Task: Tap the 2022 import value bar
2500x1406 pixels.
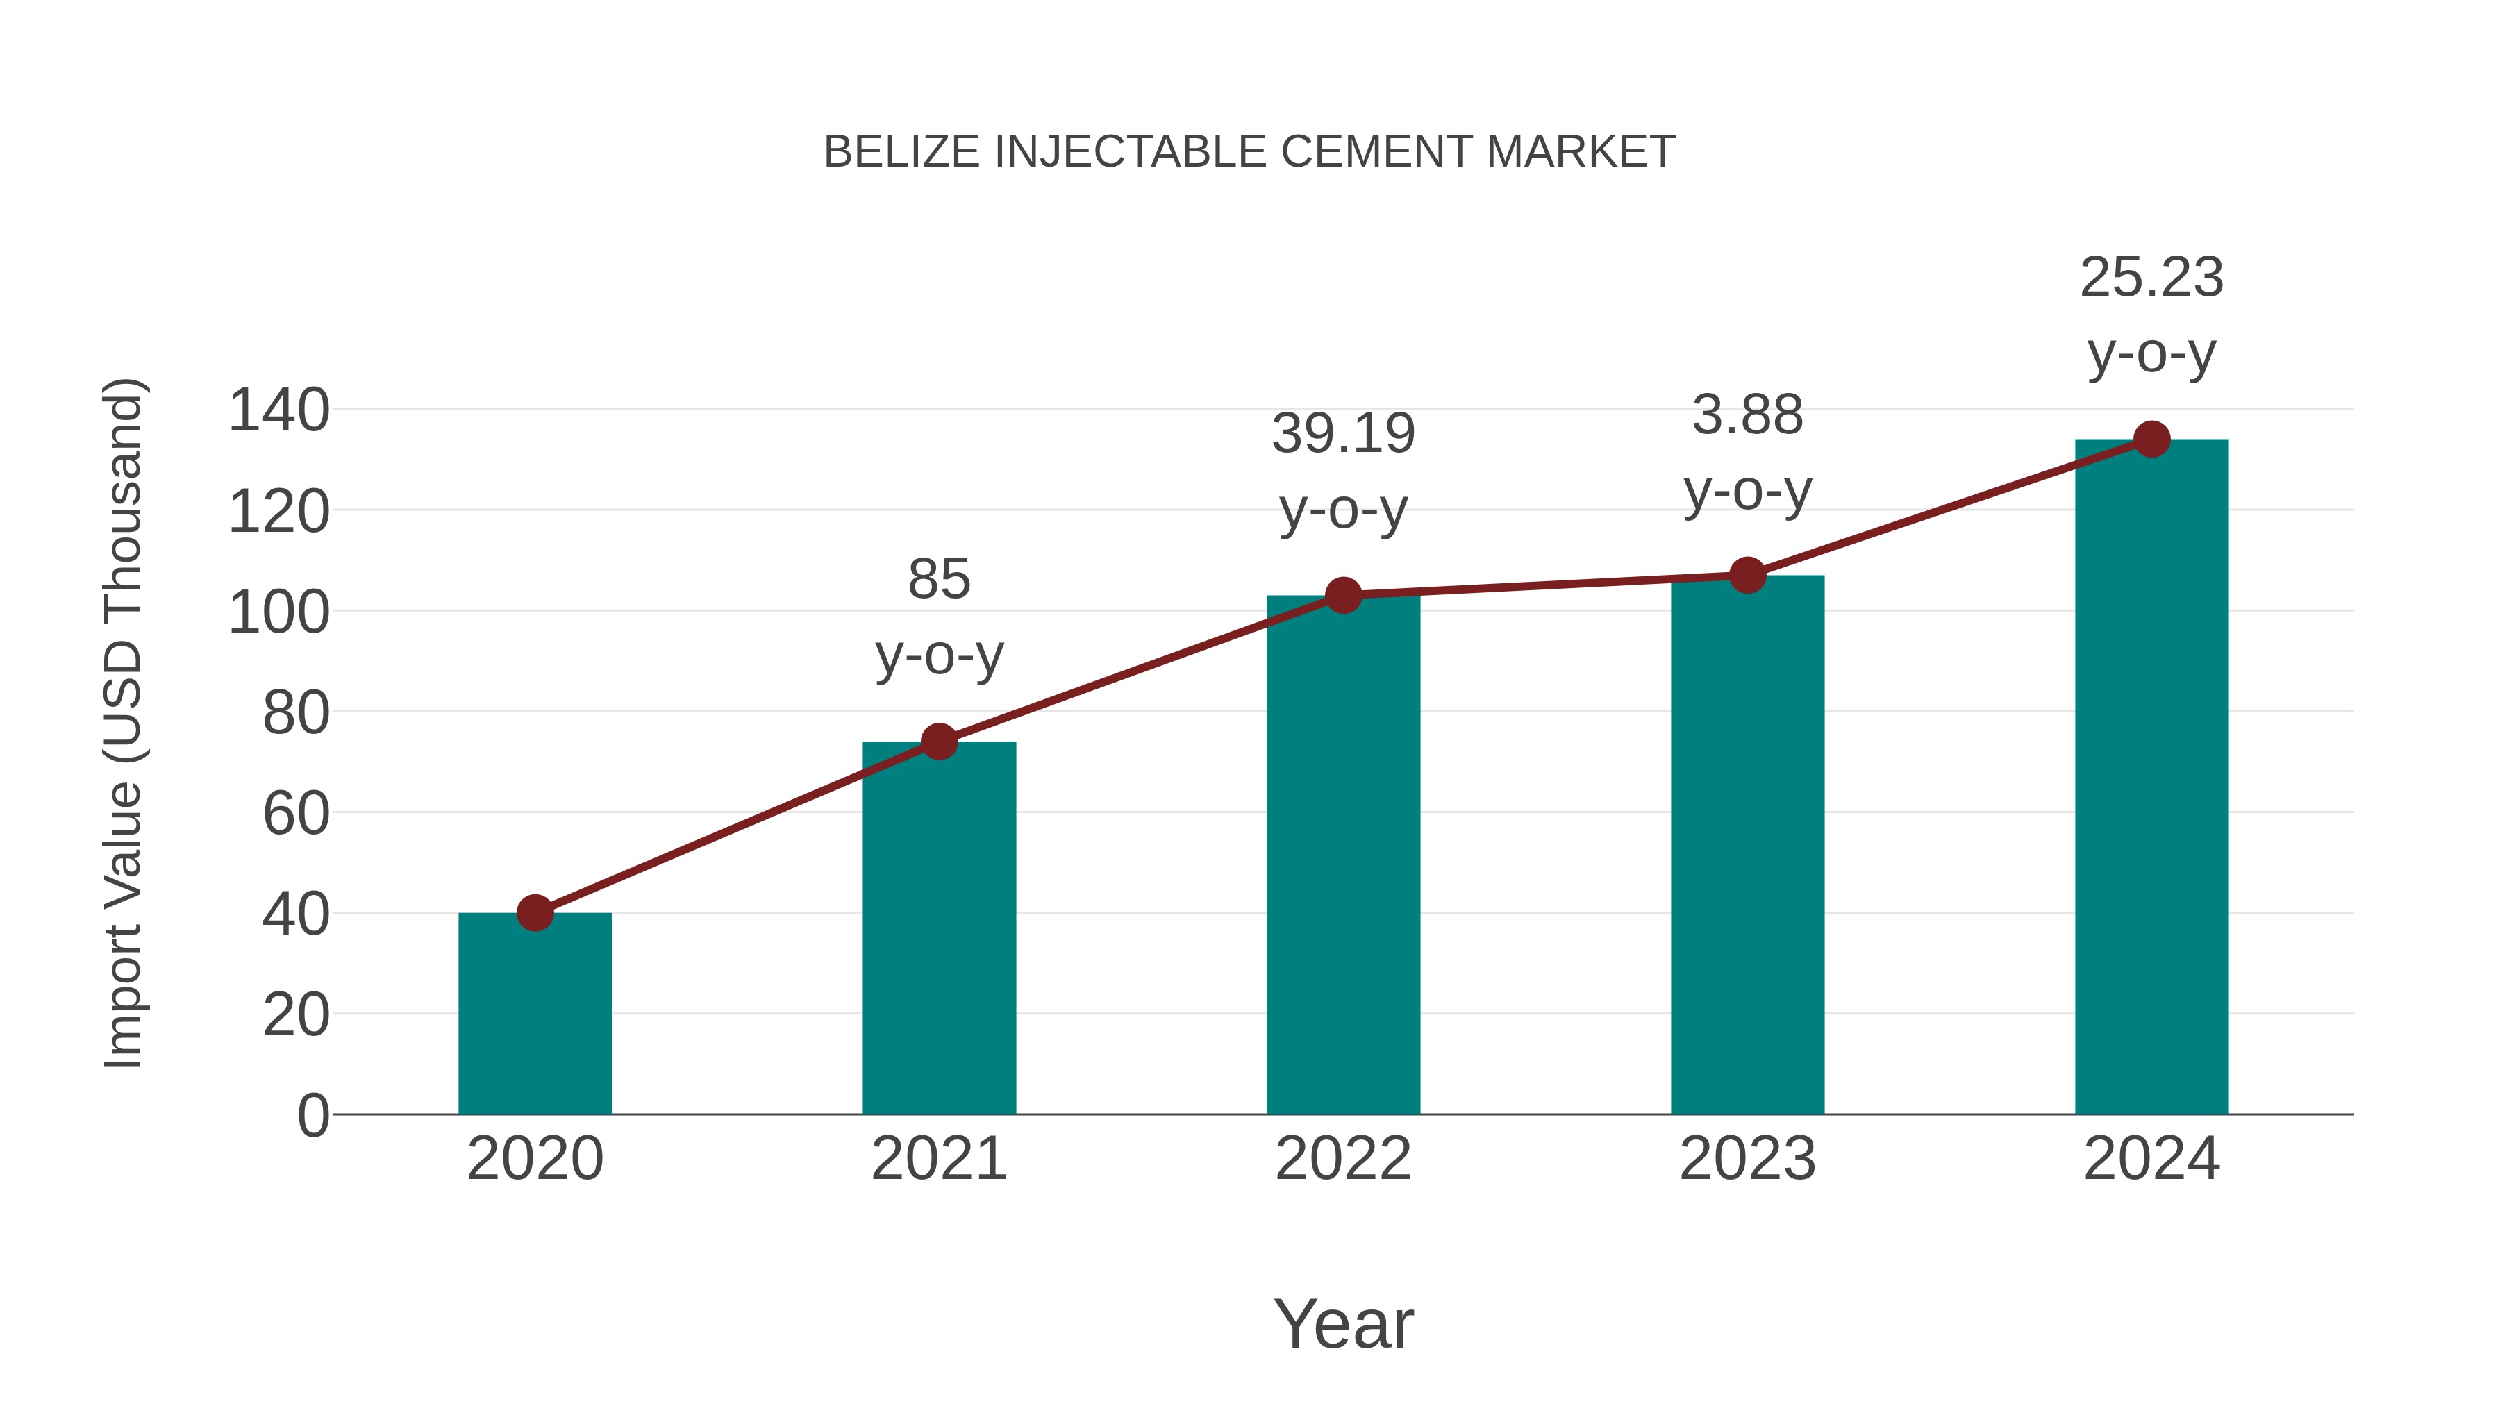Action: tap(1343, 855)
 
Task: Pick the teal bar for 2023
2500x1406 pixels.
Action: tap(1747, 845)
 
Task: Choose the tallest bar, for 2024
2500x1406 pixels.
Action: tap(2151, 777)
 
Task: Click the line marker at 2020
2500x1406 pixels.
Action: tap(535, 913)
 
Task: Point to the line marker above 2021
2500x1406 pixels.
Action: tap(938, 742)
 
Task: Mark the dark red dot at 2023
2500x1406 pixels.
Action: tap(1747, 576)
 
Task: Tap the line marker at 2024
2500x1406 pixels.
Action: tap(2151, 440)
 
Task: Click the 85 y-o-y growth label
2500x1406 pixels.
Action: tap(938, 580)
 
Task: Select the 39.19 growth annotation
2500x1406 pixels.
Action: tap(1343, 434)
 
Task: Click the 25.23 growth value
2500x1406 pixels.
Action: tap(2151, 278)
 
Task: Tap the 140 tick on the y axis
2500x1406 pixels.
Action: tap(278, 410)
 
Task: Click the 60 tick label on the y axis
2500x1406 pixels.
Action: tap(296, 813)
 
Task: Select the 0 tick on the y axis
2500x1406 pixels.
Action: tap(312, 1116)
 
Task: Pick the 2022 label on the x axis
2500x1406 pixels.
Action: tap(1343, 1159)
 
